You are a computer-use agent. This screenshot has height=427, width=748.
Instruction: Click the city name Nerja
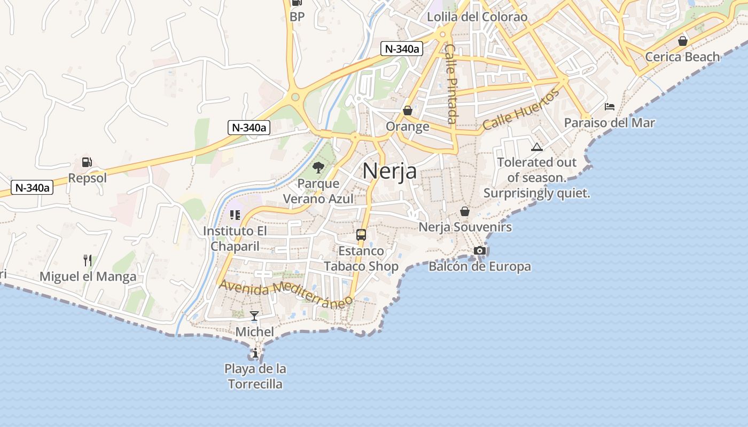point(389,171)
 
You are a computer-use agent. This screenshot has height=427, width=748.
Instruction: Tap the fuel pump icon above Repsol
point(87,162)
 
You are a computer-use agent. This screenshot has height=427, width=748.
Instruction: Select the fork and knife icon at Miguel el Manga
point(88,260)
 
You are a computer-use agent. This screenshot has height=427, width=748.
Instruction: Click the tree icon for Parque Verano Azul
point(318,168)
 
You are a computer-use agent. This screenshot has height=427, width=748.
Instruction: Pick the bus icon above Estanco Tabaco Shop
point(361,235)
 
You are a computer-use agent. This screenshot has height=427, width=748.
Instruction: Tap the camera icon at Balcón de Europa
point(480,250)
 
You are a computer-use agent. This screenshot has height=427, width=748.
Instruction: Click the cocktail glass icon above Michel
point(254,315)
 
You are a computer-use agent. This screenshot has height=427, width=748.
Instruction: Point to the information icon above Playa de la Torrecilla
point(255,353)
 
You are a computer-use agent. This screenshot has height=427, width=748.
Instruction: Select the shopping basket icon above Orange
point(408,110)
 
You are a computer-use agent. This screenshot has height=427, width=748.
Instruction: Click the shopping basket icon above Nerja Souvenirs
point(465,211)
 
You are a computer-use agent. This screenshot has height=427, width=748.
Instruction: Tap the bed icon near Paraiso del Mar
point(609,107)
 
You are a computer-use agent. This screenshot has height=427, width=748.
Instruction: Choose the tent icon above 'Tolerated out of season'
point(537,147)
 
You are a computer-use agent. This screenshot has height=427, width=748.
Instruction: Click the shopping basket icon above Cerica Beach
point(682,41)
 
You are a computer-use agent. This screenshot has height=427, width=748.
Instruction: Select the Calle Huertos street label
point(521,110)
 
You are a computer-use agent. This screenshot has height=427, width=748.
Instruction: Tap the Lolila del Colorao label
point(477,17)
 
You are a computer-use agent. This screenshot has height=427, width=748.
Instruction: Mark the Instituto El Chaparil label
point(235,239)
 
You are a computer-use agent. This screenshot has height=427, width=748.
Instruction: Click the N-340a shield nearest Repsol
point(32,187)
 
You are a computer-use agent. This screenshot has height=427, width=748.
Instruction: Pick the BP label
point(297,17)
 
